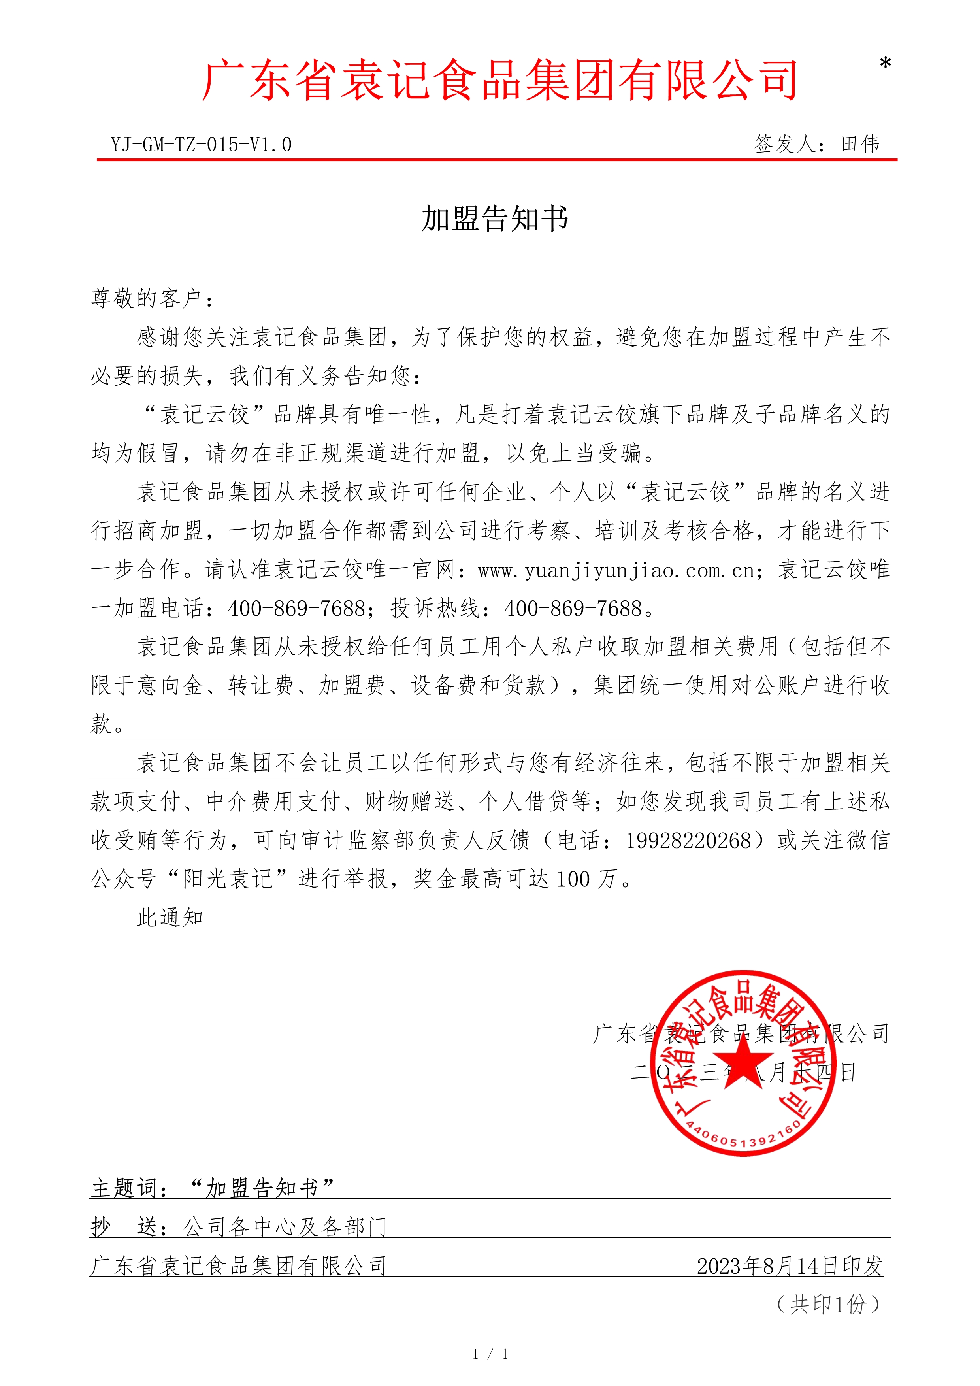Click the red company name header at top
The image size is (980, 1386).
499,80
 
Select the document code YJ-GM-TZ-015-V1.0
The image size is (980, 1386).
201,145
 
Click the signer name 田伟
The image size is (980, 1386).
861,144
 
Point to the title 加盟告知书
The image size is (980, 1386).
494,219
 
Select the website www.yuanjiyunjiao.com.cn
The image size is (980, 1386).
616,570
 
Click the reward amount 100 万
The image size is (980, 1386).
585,879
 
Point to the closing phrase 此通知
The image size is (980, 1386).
170,918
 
